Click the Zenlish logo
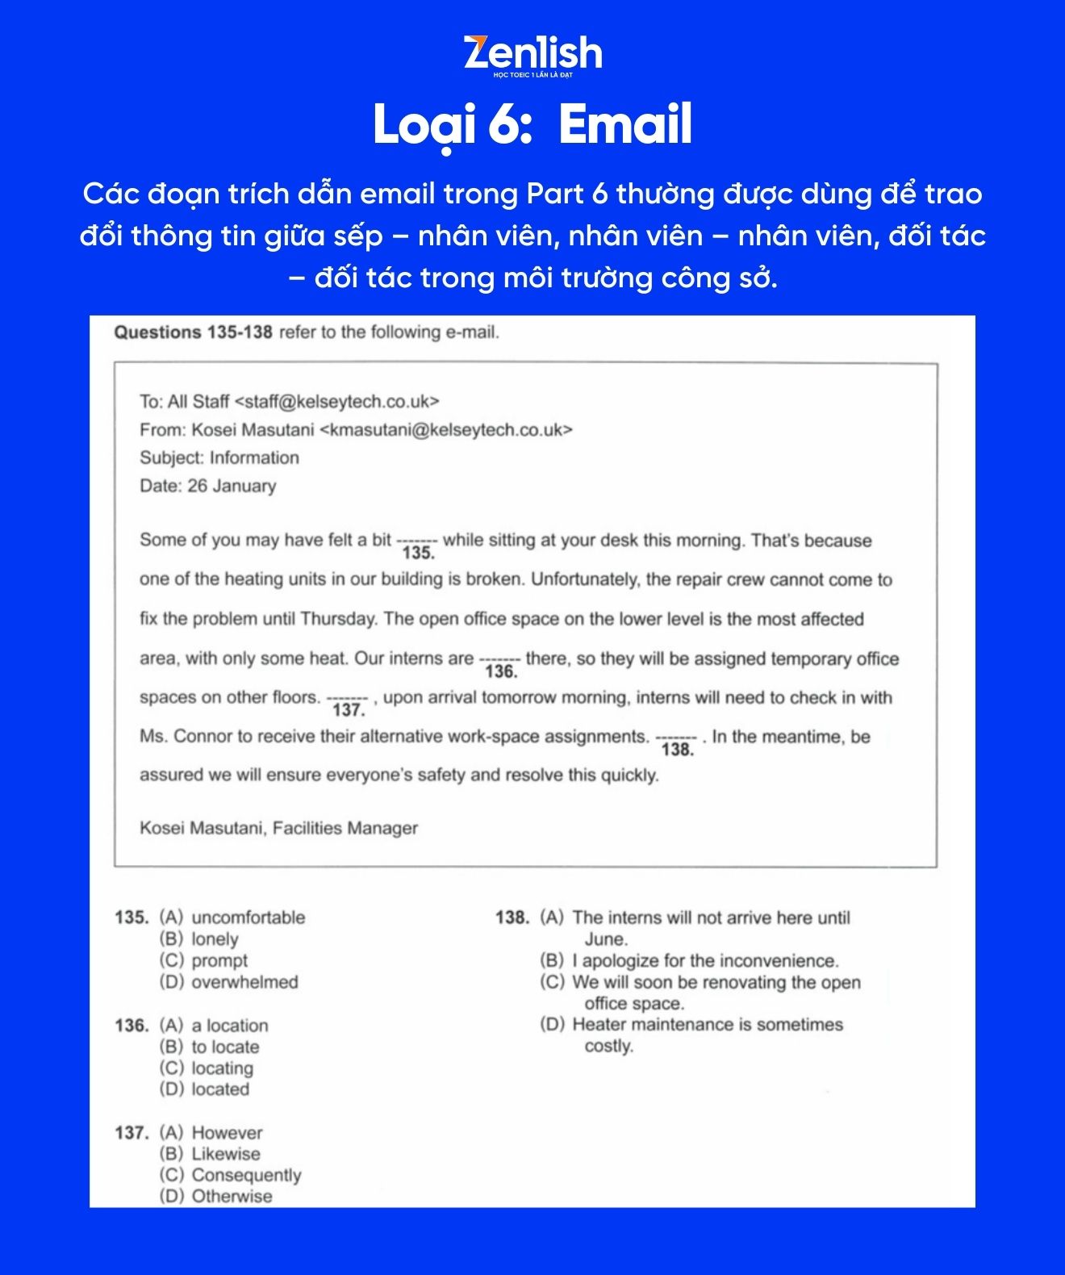click(x=532, y=54)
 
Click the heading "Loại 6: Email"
click(x=532, y=125)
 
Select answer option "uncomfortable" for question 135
click(x=248, y=918)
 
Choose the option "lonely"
click(x=215, y=939)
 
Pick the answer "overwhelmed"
click(x=244, y=982)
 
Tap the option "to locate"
click(x=225, y=1047)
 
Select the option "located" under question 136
click(x=220, y=1089)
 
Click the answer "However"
click(x=227, y=1133)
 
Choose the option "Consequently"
click(x=246, y=1176)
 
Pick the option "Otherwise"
click(x=232, y=1197)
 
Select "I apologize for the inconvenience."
click(x=705, y=961)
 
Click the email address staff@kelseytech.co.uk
click(x=336, y=402)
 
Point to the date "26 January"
click(x=232, y=486)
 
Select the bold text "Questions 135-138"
click(x=194, y=332)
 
